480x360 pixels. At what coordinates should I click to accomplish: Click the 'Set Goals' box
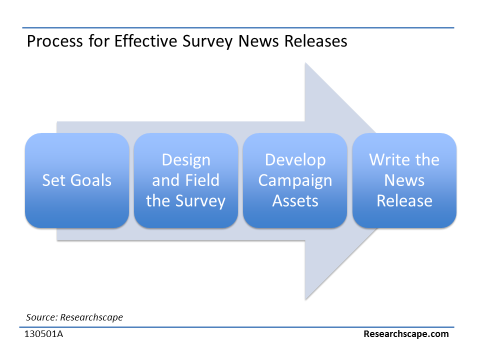pyautogui.click(x=77, y=180)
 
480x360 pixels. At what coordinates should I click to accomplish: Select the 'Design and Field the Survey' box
pyautogui.click(x=186, y=180)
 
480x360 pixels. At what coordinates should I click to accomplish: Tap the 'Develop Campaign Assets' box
pyautogui.click(x=295, y=180)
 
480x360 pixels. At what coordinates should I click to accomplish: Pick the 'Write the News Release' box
pyautogui.click(x=404, y=180)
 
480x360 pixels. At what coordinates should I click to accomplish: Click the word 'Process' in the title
pyautogui.click(x=55, y=41)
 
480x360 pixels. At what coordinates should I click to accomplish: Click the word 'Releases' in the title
pyautogui.click(x=316, y=41)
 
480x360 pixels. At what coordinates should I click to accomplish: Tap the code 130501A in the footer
pyautogui.click(x=44, y=333)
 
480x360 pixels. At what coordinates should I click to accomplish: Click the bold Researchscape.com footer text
pyautogui.click(x=406, y=334)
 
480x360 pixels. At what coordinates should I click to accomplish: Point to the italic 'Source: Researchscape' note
pyautogui.click(x=74, y=317)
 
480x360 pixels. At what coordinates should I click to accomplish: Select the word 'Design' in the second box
pyautogui.click(x=186, y=160)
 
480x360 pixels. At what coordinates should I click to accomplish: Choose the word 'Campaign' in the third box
pyautogui.click(x=295, y=181)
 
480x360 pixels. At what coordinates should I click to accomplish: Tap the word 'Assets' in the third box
pyautogui.click(x=295, y=201)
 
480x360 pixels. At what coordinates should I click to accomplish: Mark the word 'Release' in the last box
pyautogui.click(x=404, y=201)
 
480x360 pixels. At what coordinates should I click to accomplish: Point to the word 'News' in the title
pyautogui.click(x=258, y=41)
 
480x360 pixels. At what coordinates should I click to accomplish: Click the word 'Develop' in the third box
pyautogui.click(x=295, y=160)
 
